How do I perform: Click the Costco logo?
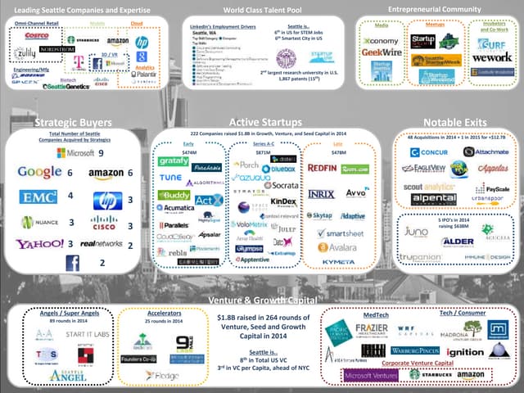pyautogui.click(x=37, y=36)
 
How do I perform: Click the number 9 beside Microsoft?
pyautogui.click(x=101, y=152)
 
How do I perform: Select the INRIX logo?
pyautogui.click(x=321, y=194)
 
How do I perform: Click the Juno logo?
pyautogui.click(x=416, y=232)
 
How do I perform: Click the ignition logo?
pyautogui.click(x=465, y=352)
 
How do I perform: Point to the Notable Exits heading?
pyautogui.click(x=458, y=122)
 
